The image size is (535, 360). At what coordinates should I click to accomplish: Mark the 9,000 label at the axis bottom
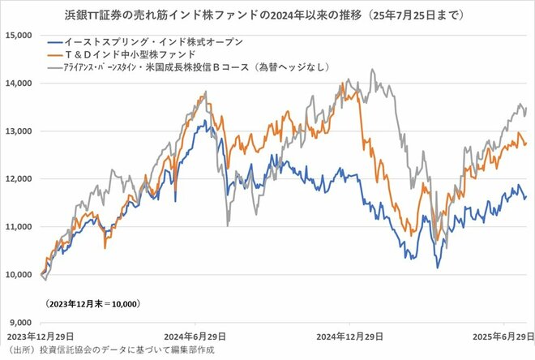tap(19, 323)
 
